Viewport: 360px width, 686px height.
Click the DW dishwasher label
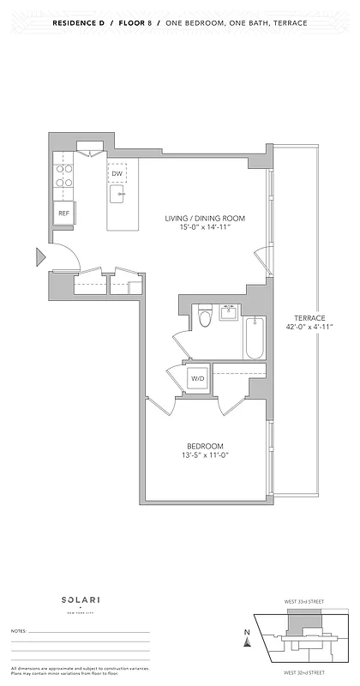click(x=117, y=173)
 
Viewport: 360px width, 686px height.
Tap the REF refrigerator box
click(x=63, y=213)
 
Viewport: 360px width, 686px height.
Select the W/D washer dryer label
click(x=197, y=377)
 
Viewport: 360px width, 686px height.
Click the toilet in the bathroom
click(x=204, y=318)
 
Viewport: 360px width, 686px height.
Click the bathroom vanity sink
click(x=230, y=312)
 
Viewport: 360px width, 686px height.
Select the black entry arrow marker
click(x=40, y=256)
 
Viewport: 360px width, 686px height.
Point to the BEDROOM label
click(x=206, y=446)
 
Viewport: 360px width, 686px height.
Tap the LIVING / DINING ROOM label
click(x=206, y=219)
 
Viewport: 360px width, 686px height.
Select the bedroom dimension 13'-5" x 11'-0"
click(x=206, y=456)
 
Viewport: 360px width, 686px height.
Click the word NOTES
click(x=18, y=630)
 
